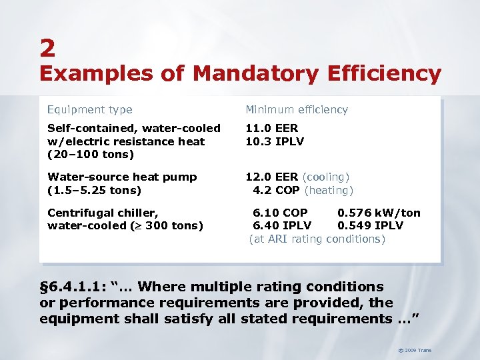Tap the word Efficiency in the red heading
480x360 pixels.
pos(384,74)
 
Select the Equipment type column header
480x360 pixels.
pos(89,109)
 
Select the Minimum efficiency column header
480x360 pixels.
pos(297,109)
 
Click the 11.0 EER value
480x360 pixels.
pos(272,128)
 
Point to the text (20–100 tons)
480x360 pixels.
pos(91,155)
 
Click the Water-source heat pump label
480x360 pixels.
pos(122,177)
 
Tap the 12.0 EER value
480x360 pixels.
pos(272,177)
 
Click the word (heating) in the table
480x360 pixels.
pos(329,190)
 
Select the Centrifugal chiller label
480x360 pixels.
pos(103,213)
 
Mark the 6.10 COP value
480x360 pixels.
pos(280,213)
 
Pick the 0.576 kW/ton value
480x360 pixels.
pos(379,213)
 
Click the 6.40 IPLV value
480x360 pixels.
pos(281,225)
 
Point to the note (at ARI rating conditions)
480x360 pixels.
pos(317,239)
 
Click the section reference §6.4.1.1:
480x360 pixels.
pos(75,287)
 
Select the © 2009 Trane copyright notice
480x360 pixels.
pos(415,349)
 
